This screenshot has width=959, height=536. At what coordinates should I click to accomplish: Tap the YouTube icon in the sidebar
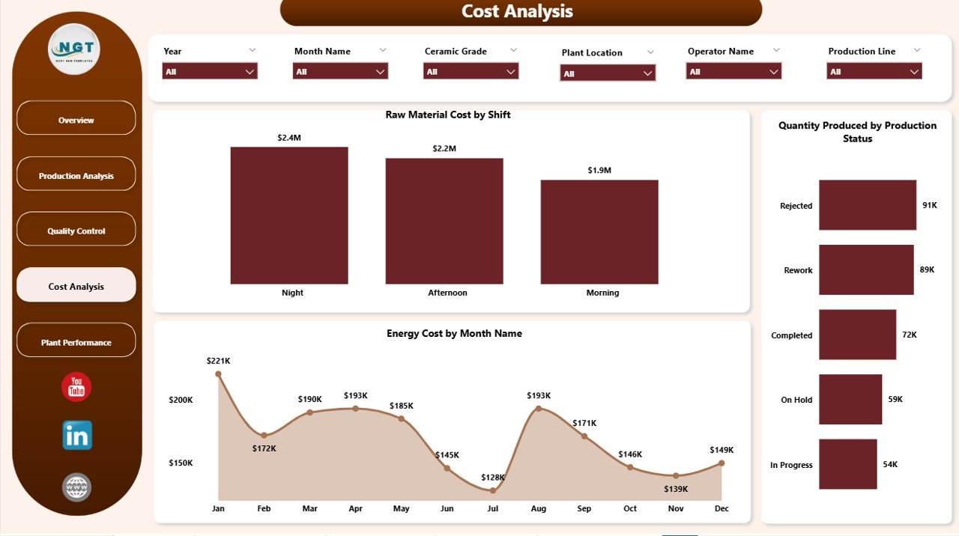pyautogui.click(x=76, y=387)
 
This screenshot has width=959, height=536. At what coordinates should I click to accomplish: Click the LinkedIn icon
pyautogui.click(x=76, y=435)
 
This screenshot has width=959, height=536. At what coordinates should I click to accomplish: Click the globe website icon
pyautogui.click(x=76, y=487)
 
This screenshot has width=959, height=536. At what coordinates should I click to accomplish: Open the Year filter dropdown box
pyautogui.click(x=210, y=71)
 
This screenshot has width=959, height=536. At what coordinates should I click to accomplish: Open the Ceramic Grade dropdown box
pyautogui.click(x=471, y=71)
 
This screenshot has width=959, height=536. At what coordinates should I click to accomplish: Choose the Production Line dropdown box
pyautogui.click(x=874, y=71)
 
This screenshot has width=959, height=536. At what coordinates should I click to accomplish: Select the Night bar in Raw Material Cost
pyautogui.click(x=289, y=216)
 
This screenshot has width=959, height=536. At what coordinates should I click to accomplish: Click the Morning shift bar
pyautogui.click(x=599, y=232)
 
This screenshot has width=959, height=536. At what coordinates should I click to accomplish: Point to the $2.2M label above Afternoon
pyautogui.click(x=444, y=148)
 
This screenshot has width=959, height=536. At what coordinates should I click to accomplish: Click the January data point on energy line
pyautogui.click(x=218, y=374)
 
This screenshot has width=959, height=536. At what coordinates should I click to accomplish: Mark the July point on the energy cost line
pyautogui.click(x=492, y=490)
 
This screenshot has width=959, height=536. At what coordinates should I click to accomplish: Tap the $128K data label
pyautogui.click(x=493, y=477)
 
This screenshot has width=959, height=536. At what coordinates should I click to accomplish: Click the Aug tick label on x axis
pyautogui.click(x=538, y=508)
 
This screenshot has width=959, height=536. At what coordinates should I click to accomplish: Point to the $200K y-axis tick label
pyautogui.click(x=181, y=400)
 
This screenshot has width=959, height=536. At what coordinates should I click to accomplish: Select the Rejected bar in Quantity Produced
pyautogui.click(x=867, y=204)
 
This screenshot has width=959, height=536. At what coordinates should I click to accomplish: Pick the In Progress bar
pyautogui.click(x=847, y=464)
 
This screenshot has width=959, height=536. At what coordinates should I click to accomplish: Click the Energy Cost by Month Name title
pyautogui.click(x=454, y=333)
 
